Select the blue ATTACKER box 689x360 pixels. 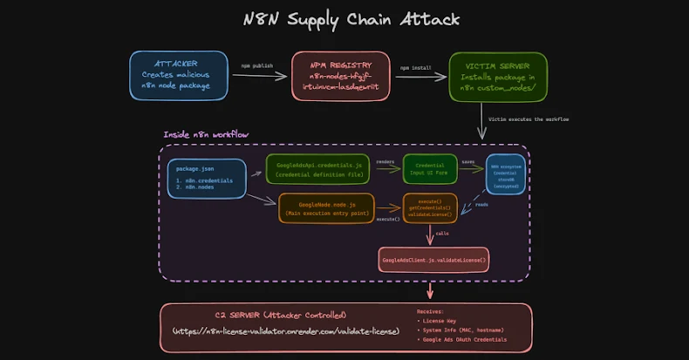coord(180,75)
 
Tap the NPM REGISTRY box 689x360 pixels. coord(340,76)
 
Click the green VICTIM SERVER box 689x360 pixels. coord(497,76)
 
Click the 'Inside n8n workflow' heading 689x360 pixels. coord(206,134)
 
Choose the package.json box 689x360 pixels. coord(206,177)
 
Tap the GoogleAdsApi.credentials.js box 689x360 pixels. coord(317,169)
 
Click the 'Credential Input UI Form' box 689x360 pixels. coord(430,169)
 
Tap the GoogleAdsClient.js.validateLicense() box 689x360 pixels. coord(433,259)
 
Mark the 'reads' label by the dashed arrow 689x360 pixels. coord(481,205)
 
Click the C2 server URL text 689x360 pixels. coord(286,331)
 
